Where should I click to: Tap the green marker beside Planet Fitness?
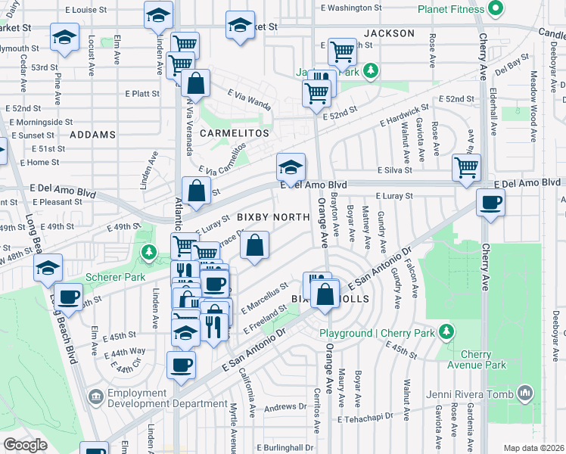(x=496, y=10)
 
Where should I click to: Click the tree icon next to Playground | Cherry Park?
(x=447, y=332)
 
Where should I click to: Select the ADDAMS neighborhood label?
(x=93, y=135)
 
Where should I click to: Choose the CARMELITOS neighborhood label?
(x=235, y=133)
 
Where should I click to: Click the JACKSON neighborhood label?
(x=389, y=33)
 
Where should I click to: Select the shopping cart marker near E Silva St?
(x=467, y=166)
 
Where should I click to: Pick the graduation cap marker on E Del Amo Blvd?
(x=291, y=166)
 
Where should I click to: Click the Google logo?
(x=25, y=444)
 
